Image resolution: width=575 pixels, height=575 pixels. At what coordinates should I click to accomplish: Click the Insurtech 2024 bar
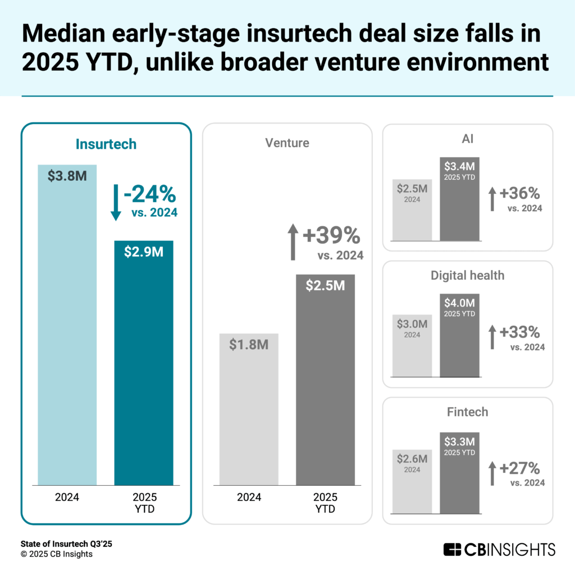pos(67,326)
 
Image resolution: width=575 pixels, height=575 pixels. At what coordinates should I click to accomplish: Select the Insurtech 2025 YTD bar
pos(144,365)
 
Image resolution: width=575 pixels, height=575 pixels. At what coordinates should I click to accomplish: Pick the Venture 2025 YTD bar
pos(325,382)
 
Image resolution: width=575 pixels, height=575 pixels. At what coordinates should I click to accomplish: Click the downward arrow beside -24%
pos(116,203)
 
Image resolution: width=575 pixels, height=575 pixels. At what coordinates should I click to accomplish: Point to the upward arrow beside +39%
pos(293,242)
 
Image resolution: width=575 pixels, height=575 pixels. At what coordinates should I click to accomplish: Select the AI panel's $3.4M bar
pos(459,199)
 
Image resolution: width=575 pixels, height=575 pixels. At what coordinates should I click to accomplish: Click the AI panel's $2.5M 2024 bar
pos(412,211)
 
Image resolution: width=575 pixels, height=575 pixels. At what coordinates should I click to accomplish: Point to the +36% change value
pos(519,194)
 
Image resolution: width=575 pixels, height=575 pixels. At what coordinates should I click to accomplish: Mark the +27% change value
pos(519,468)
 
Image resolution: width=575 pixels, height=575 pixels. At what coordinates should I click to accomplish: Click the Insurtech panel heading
pos(106,144)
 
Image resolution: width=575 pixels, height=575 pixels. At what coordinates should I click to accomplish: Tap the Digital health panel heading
pos(467,275)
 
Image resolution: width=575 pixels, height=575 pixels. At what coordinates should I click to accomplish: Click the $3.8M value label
pos(67,176)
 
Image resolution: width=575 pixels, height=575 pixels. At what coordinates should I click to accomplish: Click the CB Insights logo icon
pos(452,549)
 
